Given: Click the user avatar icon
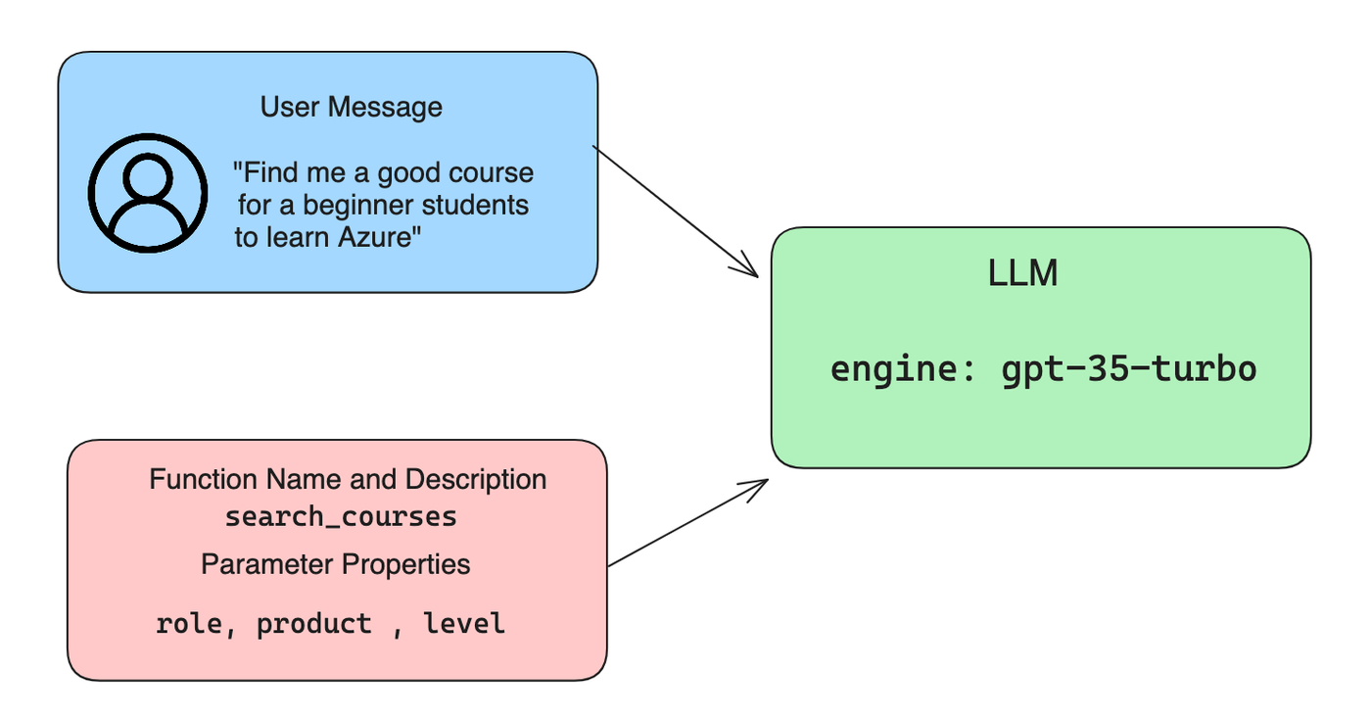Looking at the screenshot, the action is click(148, 193).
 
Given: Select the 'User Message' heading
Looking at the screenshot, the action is click(352, 107).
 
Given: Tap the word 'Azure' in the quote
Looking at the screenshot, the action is click(373, 238).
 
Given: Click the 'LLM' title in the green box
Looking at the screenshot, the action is click(1022, 273).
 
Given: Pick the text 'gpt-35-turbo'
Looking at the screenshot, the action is click(1129, 370).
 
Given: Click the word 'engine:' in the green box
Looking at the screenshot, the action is click(903, 370).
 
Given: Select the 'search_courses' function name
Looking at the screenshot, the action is click(341, 517).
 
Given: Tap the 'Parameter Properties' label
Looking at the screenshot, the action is click(335, 564).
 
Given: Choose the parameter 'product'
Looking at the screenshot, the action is click(314, 625).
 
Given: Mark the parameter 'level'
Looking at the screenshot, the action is click(464, 623).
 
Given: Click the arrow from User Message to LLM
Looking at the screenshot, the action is click(676, 212).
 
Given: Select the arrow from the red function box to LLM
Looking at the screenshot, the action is click(687, 522).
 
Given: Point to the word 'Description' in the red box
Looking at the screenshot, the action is click(476, 479).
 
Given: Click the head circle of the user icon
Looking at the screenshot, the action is click(148, 177).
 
